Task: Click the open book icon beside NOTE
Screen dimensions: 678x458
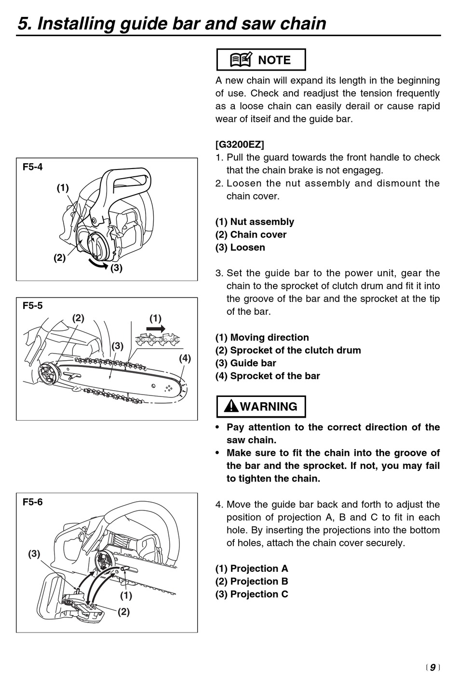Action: [241, 60]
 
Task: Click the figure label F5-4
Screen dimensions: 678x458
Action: [33, 167]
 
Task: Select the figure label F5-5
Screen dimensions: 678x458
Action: [33, 306]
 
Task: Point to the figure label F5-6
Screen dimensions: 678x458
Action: [33, 502]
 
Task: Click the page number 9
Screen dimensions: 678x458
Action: [432, 667]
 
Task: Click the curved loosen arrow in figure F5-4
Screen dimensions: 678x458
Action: [96, 263]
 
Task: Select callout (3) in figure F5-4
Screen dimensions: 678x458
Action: [116, 268]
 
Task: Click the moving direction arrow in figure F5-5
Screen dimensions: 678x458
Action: [155, 328]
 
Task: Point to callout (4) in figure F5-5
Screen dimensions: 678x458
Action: [185, 358]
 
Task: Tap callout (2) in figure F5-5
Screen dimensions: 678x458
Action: [78, 318]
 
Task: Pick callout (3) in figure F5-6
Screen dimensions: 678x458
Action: [34, 554]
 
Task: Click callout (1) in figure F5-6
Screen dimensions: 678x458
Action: [126, 596]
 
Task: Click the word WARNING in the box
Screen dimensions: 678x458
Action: [269, 407]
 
